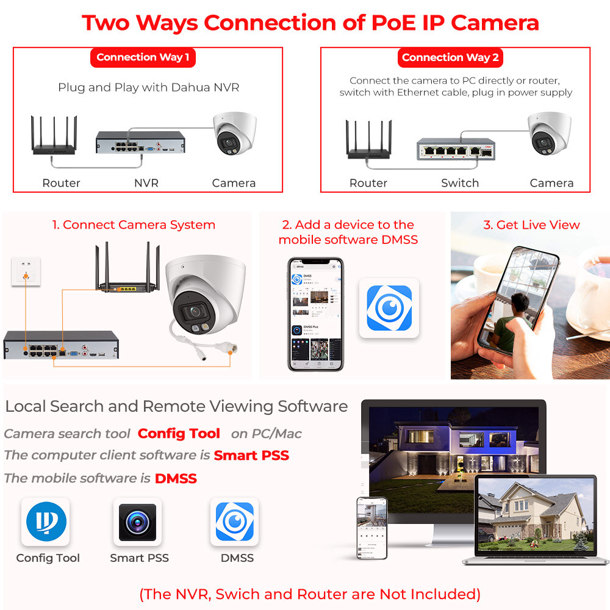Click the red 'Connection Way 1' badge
click(143, 57)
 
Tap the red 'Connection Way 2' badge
click(450, 57)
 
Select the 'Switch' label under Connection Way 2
click(459, 183)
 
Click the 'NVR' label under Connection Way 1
click(146, 183)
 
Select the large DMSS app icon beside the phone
click(389, 308)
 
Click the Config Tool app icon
click(46, 522)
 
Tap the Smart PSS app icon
click(137, 522)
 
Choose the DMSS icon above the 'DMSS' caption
click(234, 522)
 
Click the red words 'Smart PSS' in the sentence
click(251, 456)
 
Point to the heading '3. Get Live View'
click(531, 225)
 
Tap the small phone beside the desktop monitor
click(371, 527)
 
